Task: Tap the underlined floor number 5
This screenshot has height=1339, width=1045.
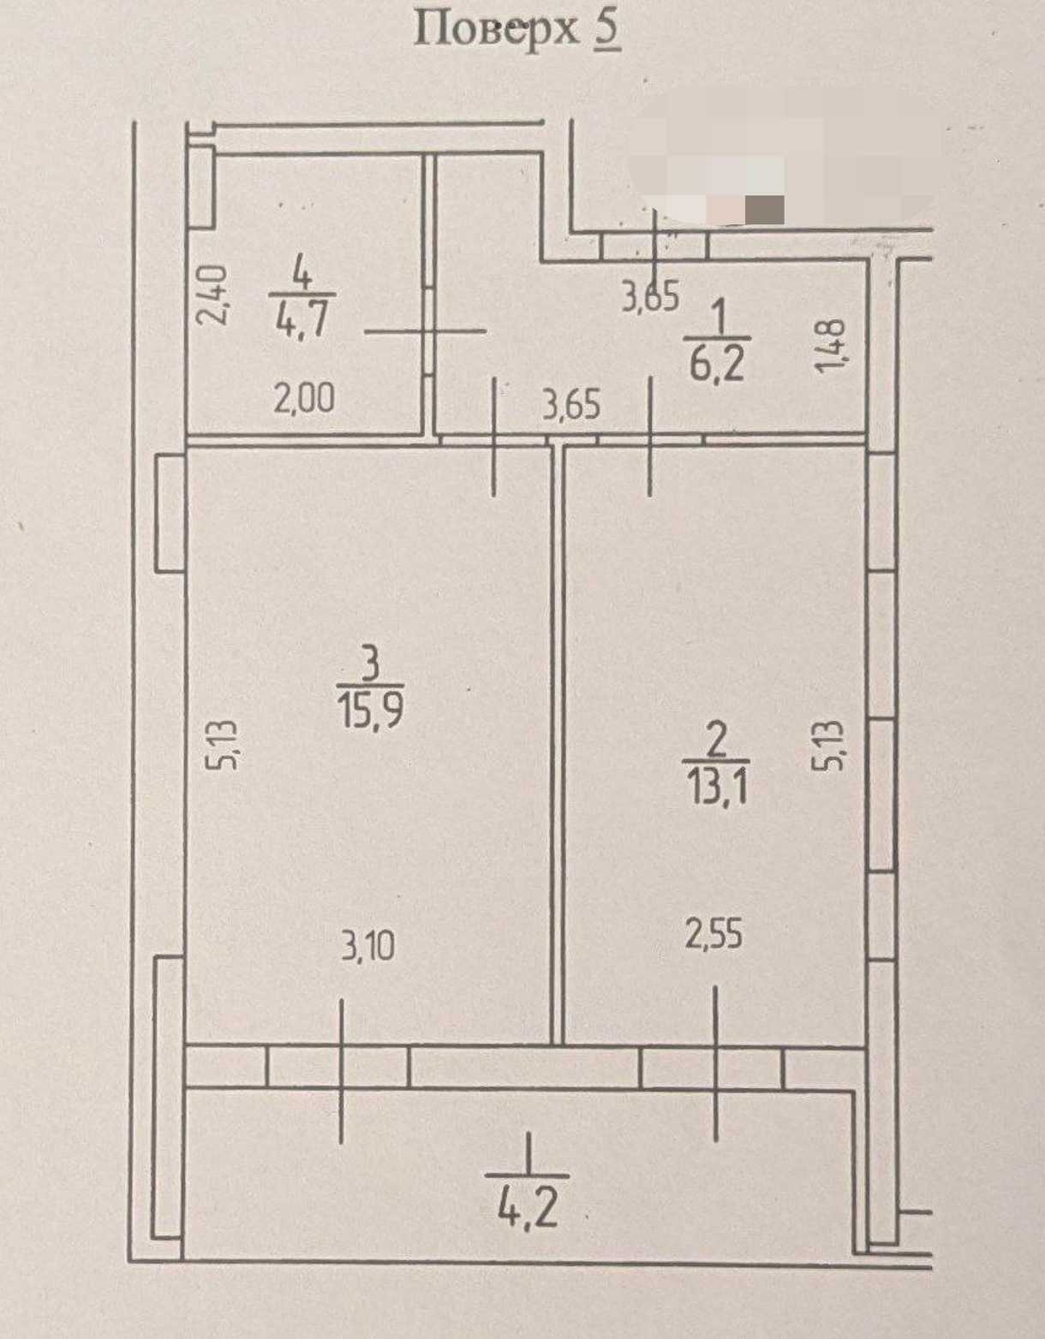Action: (x=607, y=30)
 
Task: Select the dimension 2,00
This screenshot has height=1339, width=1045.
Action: (x=304, y=397)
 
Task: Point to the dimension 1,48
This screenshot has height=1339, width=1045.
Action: (x=830, y=346)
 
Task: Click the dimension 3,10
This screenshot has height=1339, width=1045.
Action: (x=367, y=947)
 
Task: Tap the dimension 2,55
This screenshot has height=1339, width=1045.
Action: (x=714, y=935)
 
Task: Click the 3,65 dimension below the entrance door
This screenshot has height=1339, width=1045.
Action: (x=651, y=296)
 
